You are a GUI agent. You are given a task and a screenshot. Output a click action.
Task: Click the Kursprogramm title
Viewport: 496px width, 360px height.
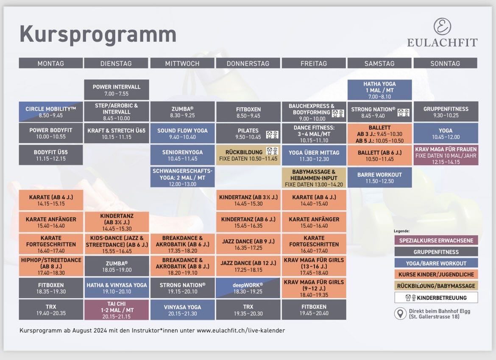point(98,35)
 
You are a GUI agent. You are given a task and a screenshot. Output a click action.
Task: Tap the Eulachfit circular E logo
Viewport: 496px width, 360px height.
point(442,26)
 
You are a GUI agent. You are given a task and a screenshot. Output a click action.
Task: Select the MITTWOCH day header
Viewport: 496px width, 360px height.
point(182,63)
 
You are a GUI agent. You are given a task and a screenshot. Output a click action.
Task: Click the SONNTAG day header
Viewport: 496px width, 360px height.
point(445,63)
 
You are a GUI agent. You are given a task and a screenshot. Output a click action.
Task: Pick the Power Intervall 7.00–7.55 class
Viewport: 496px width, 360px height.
point(117,90)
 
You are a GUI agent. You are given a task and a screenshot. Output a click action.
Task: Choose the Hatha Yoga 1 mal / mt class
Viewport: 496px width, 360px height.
point(379,90)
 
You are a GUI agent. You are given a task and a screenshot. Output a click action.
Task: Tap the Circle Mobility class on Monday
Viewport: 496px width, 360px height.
point(51,112)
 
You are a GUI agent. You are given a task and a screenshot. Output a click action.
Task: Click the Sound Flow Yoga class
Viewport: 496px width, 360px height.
point(183,134)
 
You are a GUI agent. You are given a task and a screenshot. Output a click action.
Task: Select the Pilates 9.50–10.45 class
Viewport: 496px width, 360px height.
point(248,134)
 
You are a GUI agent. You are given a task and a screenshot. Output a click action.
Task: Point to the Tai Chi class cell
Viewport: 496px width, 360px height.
point(117,310)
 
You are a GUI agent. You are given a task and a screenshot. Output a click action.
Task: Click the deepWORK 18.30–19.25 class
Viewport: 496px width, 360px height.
point(248,288)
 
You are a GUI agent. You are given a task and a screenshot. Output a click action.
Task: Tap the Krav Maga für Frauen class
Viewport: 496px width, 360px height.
point(446,155)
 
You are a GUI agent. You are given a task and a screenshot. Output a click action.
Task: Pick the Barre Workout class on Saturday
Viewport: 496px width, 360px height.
point(379,178)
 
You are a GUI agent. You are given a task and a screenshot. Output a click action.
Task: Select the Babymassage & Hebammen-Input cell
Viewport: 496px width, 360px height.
point(314,178)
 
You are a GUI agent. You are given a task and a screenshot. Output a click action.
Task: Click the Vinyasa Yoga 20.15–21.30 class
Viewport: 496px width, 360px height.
point(183,310)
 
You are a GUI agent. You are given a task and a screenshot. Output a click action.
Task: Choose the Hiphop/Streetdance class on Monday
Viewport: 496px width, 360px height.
point(51,266)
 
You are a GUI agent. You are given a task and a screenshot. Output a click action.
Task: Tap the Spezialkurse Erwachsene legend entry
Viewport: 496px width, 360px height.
point(436,240)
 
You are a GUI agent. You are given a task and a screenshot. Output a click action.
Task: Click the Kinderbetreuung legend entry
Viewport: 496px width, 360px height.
point(436,298)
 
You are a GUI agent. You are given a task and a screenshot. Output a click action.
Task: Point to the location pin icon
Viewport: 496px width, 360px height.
point(400,313)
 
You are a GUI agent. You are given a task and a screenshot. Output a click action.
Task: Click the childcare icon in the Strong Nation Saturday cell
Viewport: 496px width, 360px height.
point(403,112)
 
